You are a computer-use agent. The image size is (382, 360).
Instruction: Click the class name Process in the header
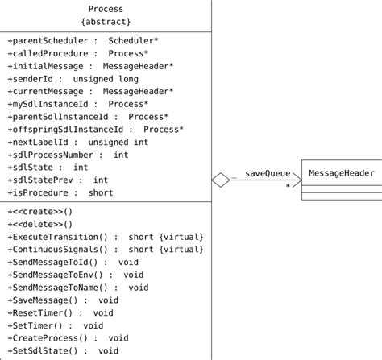(106, 9)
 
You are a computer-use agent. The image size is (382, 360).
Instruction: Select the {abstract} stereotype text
(106, 22)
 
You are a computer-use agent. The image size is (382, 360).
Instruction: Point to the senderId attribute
(73, 79)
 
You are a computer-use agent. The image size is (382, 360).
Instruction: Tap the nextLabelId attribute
(78, 142)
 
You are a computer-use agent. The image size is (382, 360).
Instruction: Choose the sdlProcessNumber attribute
(68, 155)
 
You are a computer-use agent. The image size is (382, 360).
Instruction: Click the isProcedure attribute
(60, 192)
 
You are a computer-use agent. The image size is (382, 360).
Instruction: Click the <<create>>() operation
(39, 211)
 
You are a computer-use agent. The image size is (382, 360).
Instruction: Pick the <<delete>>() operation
(39, 224)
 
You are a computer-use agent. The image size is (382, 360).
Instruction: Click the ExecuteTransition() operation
(106, 237)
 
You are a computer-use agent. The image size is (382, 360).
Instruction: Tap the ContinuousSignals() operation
(106, 249)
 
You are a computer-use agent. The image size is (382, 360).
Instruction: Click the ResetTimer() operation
(60, 312)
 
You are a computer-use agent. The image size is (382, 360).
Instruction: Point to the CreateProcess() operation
(68, 337)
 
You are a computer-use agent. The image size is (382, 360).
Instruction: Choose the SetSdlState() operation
(63, 350)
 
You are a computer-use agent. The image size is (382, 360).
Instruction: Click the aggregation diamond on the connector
(222, 180)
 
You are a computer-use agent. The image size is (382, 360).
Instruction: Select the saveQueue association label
(268, 172)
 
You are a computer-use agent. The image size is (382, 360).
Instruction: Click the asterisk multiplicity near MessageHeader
(288, 186)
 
